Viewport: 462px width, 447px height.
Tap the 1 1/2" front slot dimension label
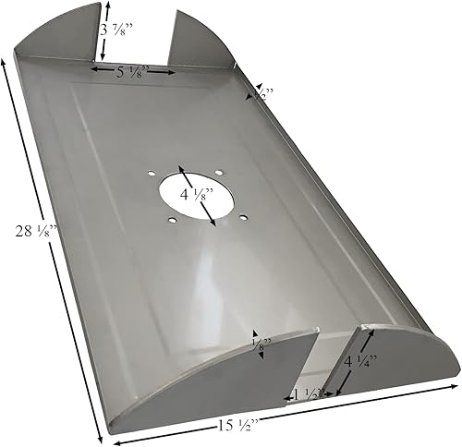(x=309, y=394)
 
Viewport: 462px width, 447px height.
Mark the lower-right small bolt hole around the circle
(x=242, y=217)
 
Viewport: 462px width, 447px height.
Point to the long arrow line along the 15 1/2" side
(x=277, y=413)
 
